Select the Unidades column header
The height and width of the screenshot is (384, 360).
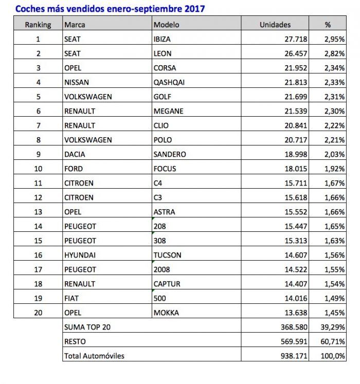[275, 25]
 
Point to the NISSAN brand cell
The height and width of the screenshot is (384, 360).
[75, 82]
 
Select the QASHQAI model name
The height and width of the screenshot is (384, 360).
[168, 82]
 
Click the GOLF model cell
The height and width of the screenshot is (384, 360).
[162, 97]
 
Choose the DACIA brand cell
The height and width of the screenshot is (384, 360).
[75, 154]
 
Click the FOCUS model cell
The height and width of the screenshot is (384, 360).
[165, 169]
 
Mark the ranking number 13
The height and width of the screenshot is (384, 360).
[38, 212]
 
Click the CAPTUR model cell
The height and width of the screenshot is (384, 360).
[167, 284]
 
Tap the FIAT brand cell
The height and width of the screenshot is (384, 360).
[72, 298]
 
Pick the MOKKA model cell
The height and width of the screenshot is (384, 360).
[166, 313]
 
